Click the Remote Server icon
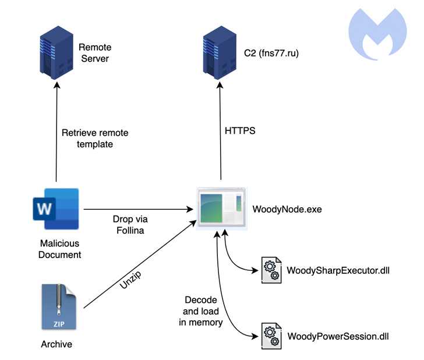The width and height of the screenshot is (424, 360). point(56,57)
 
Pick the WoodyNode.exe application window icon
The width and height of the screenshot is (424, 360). point(221,208)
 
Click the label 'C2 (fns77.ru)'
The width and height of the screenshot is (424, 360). point(272,54)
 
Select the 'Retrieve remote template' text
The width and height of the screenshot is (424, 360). point(95,137)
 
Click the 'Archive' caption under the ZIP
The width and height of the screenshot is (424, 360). point(56,344)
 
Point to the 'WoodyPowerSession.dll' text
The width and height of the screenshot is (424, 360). point(338,336)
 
